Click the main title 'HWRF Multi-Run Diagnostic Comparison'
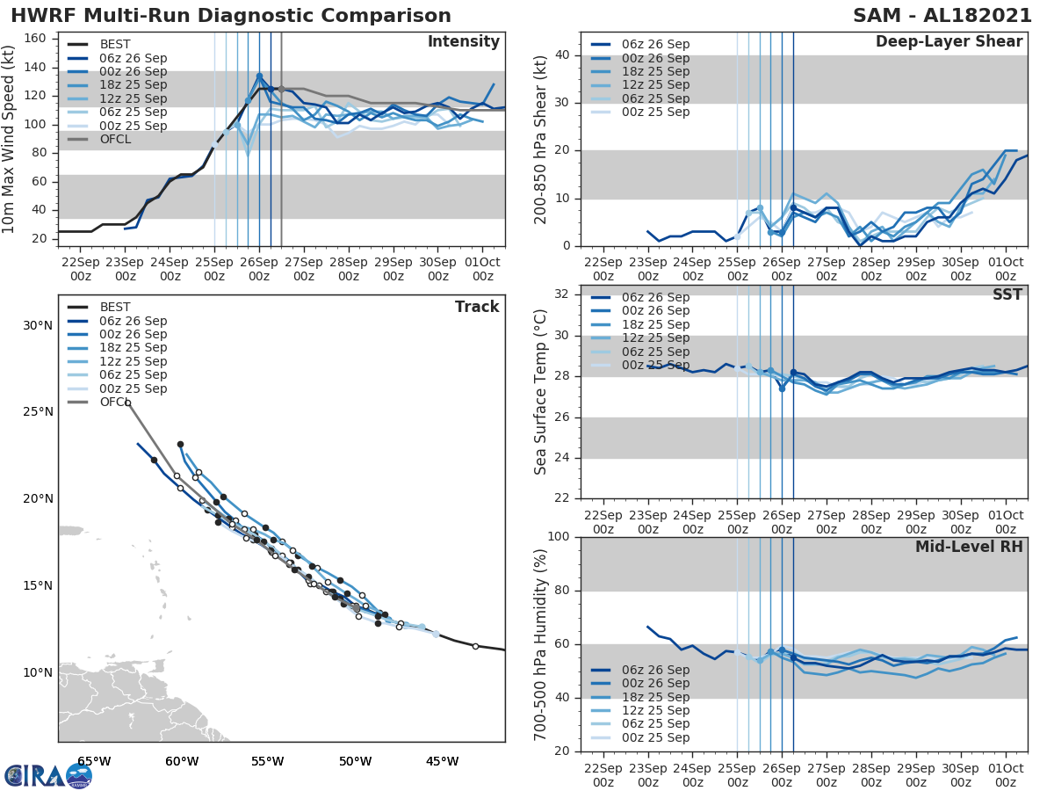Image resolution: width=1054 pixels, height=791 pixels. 231,16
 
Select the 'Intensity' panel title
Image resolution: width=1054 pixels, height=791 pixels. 463,42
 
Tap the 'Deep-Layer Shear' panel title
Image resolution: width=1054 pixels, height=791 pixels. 949,42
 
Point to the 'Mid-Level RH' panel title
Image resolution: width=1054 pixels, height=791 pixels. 969,547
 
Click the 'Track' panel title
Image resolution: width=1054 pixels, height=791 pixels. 477,307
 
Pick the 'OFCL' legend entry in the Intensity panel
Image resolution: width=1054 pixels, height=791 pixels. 115,140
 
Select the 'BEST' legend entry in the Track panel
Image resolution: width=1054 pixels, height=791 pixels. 115,307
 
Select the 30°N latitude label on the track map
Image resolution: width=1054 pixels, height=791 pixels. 38,325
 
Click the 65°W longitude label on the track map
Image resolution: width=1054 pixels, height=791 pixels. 94,761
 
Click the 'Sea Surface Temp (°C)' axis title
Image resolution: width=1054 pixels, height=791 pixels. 541,391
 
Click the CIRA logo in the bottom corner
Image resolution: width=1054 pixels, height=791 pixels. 47,775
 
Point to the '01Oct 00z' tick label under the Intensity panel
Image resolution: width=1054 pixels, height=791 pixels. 482,270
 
